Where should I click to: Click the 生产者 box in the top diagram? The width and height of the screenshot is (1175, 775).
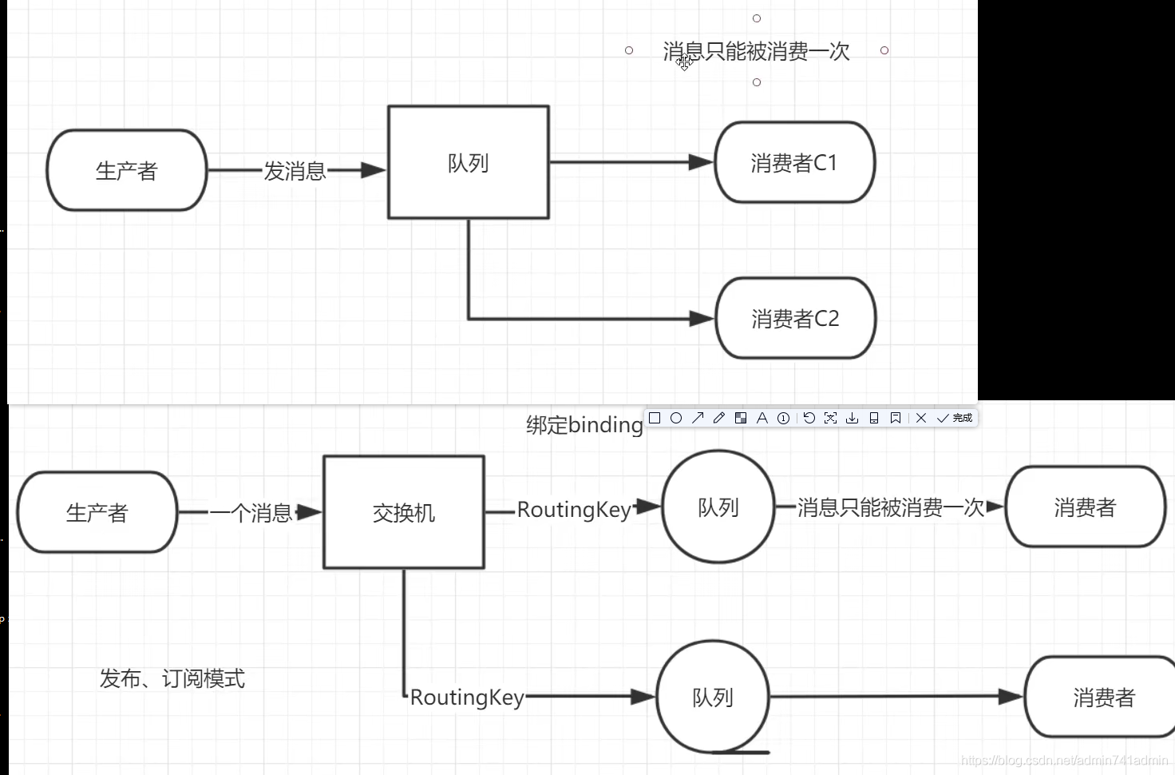tap(126, 170)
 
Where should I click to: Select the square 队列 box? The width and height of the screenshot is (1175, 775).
tap(468, 162)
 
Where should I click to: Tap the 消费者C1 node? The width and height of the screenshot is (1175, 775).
tap(794, 162)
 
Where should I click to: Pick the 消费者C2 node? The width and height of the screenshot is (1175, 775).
tap(795, 318)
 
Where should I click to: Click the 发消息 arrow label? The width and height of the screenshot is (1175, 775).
tap(295, 171)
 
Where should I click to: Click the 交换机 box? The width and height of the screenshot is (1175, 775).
tap(403, 512)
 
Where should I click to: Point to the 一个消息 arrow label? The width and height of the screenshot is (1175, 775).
tap(251, 513)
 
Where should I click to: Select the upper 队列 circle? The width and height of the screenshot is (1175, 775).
tap(718, 507)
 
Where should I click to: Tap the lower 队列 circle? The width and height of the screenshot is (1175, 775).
tap(712, 697)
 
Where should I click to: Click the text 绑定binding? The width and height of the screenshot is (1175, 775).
tap(584, 425)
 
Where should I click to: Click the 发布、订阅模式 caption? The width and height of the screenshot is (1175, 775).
tap(172, 678)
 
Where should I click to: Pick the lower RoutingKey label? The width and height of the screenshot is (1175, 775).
tap(467, 697)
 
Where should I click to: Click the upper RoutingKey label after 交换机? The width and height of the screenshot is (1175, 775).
tap(574, 510)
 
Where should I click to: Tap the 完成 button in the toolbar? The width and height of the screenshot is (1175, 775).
tap(955, 418)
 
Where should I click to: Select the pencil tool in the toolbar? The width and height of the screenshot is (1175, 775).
tap(718, 418)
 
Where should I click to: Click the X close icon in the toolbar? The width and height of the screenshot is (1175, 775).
tap(921, 418)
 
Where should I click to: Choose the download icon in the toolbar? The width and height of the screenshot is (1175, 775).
tap(852, 418)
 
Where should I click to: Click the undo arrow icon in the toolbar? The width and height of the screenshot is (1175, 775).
tap(809, 418)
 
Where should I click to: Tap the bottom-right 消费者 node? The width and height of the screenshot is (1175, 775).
tap(1103, 697)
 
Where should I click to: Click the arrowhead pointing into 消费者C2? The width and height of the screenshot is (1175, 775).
tap(702, 319)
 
